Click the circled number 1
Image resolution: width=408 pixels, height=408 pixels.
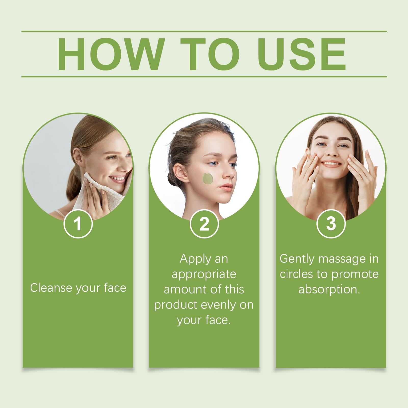pyautogui.click(x=78, y=224)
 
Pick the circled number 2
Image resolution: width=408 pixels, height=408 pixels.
pyautogui.click(x=204, y=224)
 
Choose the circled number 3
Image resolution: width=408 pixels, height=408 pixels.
pyautogui.click(x=331, y=224)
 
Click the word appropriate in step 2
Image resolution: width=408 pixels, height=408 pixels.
pyautogui.click(x=204, y=274)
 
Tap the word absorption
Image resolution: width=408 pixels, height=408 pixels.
pyautogui.click(x=329, y=289)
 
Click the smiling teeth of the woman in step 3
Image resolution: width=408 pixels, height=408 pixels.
pyautogui.click(x=330, y=163)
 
